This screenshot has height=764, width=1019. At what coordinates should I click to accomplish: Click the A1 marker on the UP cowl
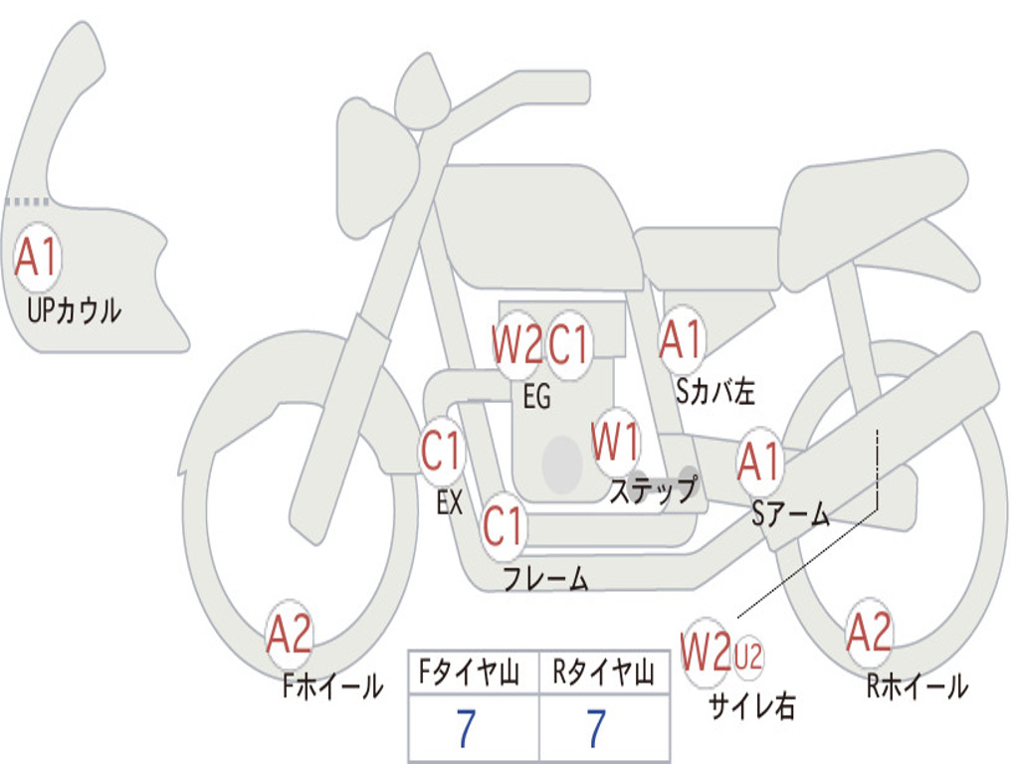[x=37, y=258]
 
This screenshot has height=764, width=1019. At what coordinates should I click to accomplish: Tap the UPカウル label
[x=74, y=310]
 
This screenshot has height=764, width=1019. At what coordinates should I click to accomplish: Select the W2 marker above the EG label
[x=516, y=345]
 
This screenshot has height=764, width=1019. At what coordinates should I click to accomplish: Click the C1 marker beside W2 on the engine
[x=568, y=344]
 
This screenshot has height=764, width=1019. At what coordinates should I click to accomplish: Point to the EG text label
[x=536, y=396]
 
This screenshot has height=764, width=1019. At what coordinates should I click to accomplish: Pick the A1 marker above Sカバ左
[x=681, y=339]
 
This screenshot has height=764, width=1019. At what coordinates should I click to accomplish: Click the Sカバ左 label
[x=714, y=391]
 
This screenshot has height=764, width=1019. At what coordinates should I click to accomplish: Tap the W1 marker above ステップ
[x=615, y=442]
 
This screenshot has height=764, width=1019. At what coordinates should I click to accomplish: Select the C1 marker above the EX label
[x=442, y=450]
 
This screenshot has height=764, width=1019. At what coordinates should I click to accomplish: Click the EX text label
[x=450, y=502]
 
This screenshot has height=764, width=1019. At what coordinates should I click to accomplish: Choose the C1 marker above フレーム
[x=503, y=525]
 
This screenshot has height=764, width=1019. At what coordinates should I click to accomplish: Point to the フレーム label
[x=546, y=578]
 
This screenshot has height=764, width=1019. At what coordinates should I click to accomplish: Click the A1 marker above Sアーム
[x=758, y=462]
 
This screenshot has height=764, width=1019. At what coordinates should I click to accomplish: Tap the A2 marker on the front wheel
[x=290, y=634]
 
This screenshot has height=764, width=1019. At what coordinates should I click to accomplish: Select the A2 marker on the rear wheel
[x=868, y=633]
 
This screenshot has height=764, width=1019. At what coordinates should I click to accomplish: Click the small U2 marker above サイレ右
[x=748, y=657]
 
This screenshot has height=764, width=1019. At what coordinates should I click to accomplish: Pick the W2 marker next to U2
[x=706, y=653]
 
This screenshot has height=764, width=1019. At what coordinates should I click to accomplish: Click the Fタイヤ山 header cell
[x=473, y=672]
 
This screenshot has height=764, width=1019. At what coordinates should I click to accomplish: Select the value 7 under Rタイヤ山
[x=597, y=728]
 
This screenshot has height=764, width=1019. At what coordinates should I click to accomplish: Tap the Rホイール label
[x=917, y=686]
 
